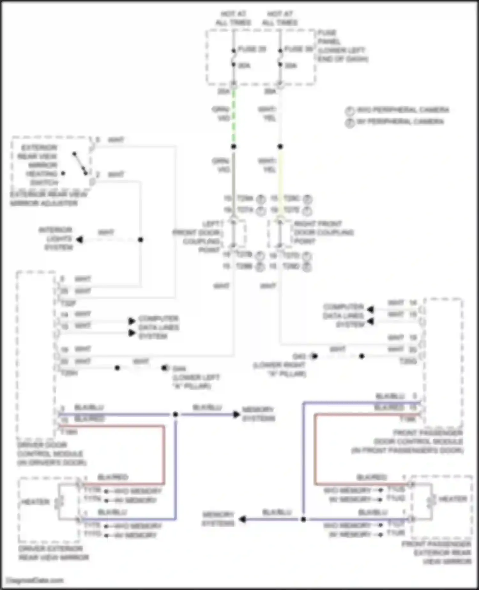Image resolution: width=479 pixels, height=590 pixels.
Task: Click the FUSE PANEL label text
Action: (342, 46)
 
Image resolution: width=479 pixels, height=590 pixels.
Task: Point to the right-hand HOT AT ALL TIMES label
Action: (280, 18)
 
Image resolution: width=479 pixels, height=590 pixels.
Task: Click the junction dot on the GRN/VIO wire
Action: (234, 147)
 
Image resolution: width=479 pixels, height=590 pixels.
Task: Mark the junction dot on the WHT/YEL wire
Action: (280, 146)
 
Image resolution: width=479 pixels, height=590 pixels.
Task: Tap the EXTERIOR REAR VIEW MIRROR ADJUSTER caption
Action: (48, 199)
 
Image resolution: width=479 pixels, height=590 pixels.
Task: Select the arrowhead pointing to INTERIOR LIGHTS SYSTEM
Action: (80, 239)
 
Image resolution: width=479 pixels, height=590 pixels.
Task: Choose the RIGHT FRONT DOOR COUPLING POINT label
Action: (323, 232)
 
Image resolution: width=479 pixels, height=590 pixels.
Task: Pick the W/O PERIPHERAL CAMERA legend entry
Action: (402, 110)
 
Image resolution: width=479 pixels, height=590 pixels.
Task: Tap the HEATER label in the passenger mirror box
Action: (453, 499)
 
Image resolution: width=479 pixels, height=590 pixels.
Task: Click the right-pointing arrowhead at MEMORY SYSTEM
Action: (236, 415)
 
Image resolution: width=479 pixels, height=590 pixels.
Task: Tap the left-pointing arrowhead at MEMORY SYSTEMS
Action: (243, 519)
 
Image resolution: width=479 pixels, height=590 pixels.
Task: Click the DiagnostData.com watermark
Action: (35, 580)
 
